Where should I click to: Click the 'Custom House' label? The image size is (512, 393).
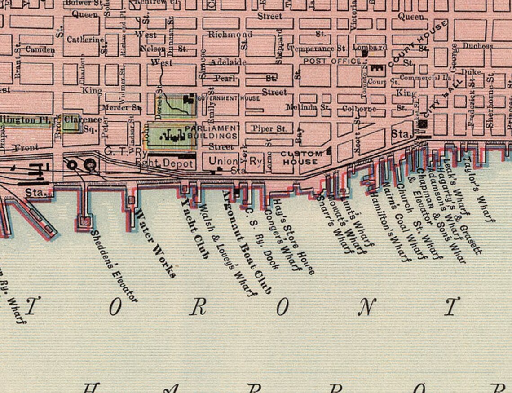[302, 157]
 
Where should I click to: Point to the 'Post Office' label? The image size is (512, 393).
[332, 61]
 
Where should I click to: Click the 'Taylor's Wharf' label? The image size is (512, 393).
[478, 189]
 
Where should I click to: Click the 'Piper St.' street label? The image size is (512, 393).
[269, 129]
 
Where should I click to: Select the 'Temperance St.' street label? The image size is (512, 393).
[318, 49]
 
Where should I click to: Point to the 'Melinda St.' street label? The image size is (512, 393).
[308, 108]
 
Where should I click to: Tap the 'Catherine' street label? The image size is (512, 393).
[85, 40]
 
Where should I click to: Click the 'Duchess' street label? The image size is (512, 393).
[477, 46]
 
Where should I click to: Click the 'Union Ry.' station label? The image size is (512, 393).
[236, 161]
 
